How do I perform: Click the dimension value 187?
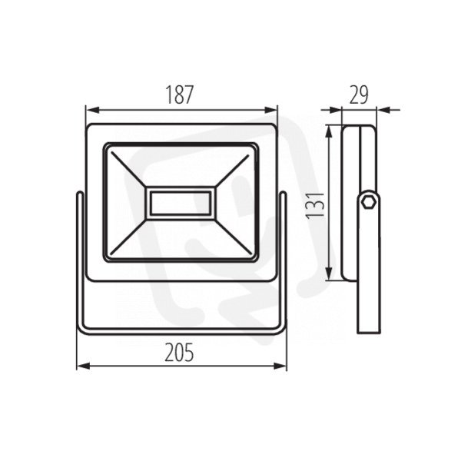point(180,95)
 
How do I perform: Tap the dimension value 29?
point(358,95)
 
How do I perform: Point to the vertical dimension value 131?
point(315,205)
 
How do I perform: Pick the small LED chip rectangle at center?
point(181,203)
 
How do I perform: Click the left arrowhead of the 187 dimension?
point(91,110)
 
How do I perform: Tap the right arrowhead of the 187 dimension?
point(271,110)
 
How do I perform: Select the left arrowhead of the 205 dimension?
point(83,366)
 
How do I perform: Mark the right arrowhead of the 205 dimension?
point(280,366)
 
